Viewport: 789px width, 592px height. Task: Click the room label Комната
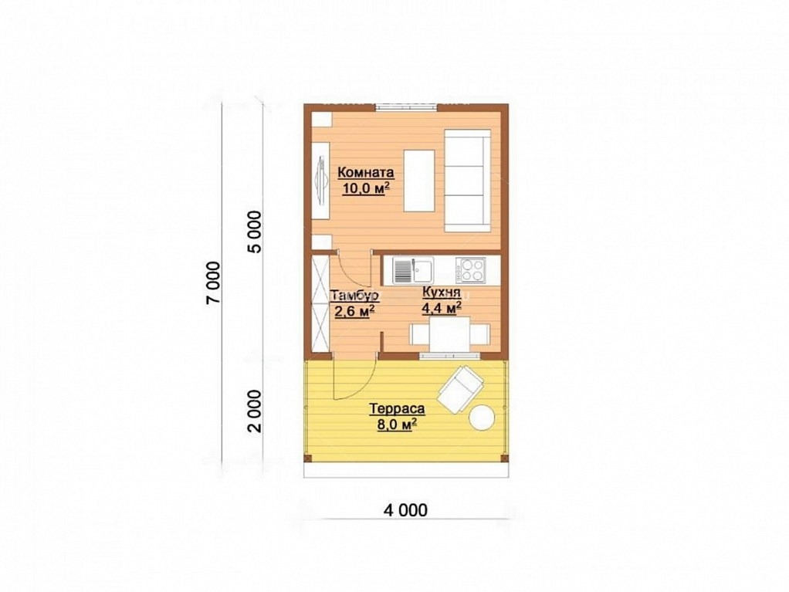click(366, 173)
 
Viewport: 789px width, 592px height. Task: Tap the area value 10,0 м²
click(367, 188)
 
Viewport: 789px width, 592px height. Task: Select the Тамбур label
click(354, 296)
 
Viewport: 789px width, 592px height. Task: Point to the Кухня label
click(442, 293)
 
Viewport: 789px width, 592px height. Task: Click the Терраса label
click(397, 408)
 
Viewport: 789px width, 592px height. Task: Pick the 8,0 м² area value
click(398, 425)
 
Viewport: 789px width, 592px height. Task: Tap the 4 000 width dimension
click(405, 510)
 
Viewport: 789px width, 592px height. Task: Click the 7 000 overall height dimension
click(213, 282)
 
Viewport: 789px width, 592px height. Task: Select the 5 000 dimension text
click(255, 232)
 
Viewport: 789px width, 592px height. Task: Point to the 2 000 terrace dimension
click(255, 411)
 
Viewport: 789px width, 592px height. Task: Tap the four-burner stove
click(470, 271)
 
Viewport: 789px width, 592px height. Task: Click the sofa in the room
click(468, 181)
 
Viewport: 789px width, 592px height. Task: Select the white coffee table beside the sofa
click(419, 181)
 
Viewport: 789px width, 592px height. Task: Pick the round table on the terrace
click(482, 418)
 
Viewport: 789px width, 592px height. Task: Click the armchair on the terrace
click(460, 389)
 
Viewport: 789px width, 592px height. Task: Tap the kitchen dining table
click(450, 334)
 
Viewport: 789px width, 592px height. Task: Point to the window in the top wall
click(406, 106)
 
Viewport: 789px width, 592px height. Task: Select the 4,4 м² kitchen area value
click(442, 308)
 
